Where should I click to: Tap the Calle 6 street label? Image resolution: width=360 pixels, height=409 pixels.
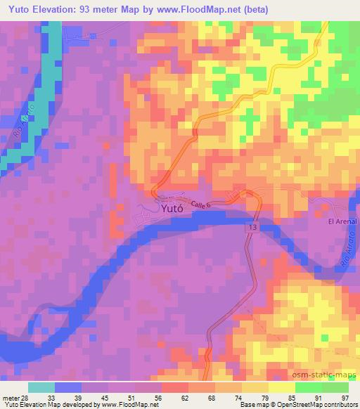point(198,201)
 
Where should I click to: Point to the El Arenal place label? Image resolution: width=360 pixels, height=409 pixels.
point(343,221)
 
